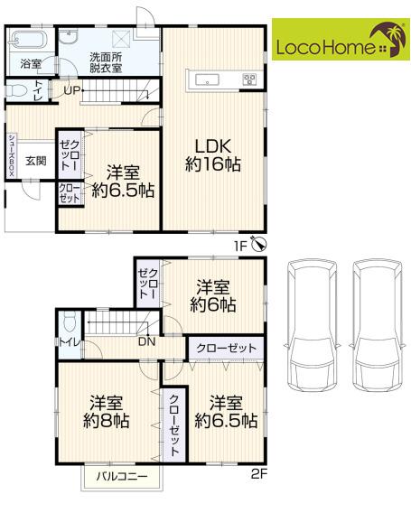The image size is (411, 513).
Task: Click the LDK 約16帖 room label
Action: click(x=213, y=155)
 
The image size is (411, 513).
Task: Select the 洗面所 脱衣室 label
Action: click(x=106, y=62)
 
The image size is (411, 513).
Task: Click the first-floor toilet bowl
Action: click(x=19, y=90)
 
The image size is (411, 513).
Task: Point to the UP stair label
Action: click(x=71, y=90)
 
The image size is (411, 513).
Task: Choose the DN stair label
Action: click(x=146, y=342)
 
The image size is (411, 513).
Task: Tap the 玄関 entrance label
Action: click(x=36, y=161)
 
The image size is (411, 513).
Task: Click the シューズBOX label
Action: click(x=11, y=155)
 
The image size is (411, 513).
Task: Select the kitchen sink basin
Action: click(x=207, y=79)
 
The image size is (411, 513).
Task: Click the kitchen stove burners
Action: click(x=249, y=79)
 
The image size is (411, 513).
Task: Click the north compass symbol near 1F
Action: click(x=259, y=244)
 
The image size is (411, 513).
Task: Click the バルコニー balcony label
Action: click(x=121, y=476)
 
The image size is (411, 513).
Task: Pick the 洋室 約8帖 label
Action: click(x=107, y=412)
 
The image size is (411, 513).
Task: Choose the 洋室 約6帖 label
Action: click(x=212, y=295)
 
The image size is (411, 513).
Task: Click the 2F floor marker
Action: click(x=259, y=474)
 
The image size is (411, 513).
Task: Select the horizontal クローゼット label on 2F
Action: click(x=226, y=348)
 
